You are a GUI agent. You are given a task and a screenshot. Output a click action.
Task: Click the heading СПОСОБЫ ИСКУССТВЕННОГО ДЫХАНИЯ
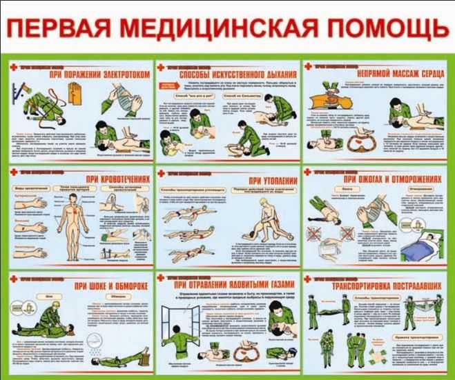point(238,74)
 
